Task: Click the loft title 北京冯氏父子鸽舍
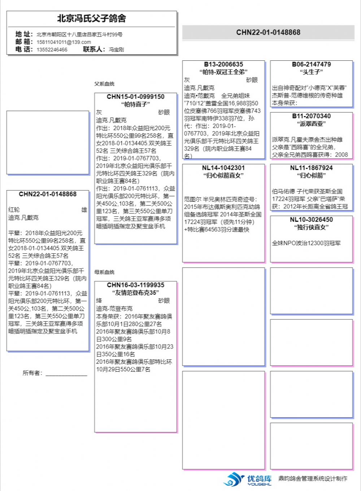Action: [92, 18]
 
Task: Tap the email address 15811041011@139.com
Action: [64, 42]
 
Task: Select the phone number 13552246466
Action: [52, 50]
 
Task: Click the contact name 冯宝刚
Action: [116, 50]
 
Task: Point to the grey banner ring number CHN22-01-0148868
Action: [268, 33]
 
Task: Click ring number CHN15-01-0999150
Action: [135, 97]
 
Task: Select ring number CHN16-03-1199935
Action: [135, 285]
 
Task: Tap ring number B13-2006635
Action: [223, 64]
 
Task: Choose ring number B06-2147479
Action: [311, 64]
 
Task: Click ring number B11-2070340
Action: [311, 116]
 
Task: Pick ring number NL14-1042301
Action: [223, 168]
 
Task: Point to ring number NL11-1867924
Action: [311, 168]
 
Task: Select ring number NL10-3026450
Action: [311, 219]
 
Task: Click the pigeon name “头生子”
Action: [311, 72]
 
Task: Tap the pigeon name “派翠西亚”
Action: [311, 124]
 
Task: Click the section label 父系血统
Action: [104, 84]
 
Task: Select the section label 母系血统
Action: [104, 272]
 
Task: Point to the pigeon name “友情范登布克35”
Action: [135, 293]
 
